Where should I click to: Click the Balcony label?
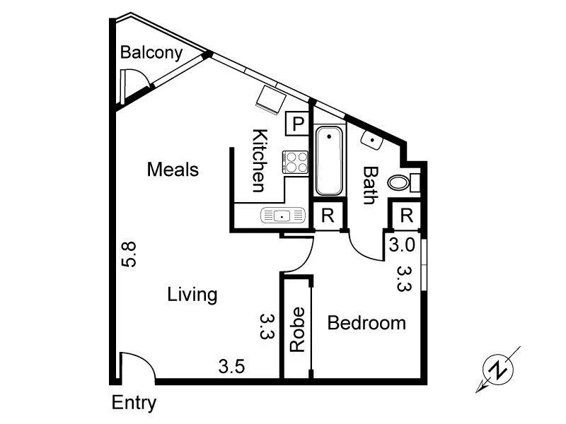[x=151, y=52]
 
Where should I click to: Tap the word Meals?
[x=173, y=170]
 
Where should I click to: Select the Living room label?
[x=192, y=294]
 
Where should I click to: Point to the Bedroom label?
[x=366, y=323]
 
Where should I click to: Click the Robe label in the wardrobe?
[x=298, y=329]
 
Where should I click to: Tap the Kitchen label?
[x=259, y=161]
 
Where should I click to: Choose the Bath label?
[x=369, y=184]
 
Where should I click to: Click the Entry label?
[x=134, y=404]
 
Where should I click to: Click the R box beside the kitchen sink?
[x=328, y=216]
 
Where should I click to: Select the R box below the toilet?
[x=406, y=216]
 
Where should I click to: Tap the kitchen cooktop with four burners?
[x=296, y=163]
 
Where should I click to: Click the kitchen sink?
[x=282, y=216]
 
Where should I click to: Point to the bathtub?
[x=328, y=161]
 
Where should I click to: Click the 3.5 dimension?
[x=231, y=367]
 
